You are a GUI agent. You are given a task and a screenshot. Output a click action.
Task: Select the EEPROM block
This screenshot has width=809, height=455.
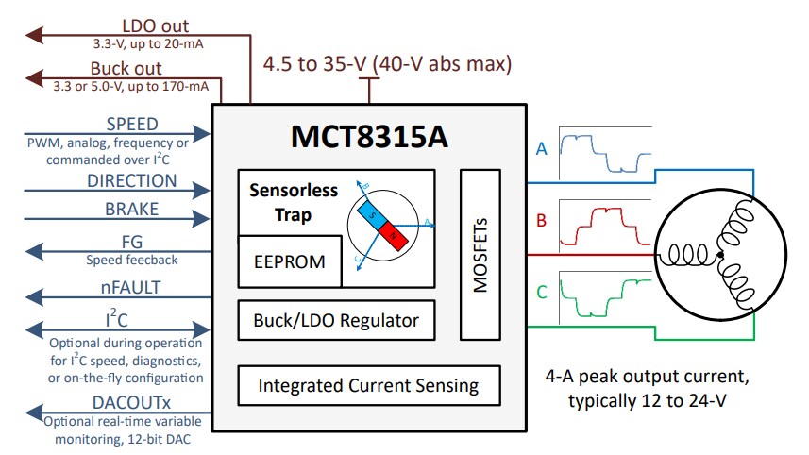coord(290,261)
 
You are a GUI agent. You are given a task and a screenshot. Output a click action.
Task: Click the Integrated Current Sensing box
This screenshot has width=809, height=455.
coord(368,385)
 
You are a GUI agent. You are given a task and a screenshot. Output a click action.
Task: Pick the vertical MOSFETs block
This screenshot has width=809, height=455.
coord(480,254)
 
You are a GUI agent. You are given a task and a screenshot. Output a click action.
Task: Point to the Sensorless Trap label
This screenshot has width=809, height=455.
coord(293,202)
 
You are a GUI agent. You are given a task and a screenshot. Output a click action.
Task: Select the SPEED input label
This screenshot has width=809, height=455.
coord(132,125)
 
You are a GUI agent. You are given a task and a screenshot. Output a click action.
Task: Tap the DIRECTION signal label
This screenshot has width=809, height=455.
coord(132,180)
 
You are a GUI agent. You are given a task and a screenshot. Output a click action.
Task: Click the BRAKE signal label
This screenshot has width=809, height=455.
coord(132,210)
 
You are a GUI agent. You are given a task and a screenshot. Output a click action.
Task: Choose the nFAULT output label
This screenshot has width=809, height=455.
coord(132,288)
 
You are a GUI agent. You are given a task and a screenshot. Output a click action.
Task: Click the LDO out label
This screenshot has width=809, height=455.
coord(155,26)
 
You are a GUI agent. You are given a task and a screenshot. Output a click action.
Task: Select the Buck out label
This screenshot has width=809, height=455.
coord(126,69)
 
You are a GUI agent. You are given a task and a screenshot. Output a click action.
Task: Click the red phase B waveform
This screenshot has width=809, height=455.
coord(605,223)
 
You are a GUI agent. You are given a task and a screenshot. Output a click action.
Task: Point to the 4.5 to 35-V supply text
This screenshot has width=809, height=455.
coord(387,64)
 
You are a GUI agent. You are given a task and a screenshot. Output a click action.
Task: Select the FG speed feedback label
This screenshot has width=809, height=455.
coord(132,242)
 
